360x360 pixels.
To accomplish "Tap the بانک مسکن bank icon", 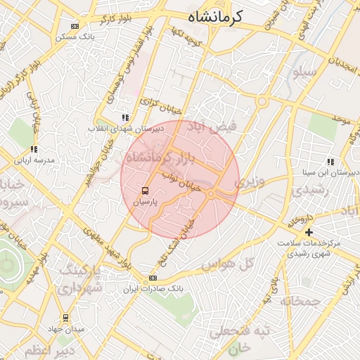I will pos(75,26).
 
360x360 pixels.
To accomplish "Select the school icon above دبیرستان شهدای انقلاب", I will pos(125,118).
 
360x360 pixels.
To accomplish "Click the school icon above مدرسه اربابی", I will pos(33,149).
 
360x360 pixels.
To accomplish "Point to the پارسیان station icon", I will pos(145,190).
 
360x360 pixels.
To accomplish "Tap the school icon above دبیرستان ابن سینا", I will pos(330,162).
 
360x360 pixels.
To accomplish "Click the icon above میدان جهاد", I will pos(65,318).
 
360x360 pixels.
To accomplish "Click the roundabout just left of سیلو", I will pos(262,103).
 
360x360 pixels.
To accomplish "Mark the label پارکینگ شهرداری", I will pos(79,279).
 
